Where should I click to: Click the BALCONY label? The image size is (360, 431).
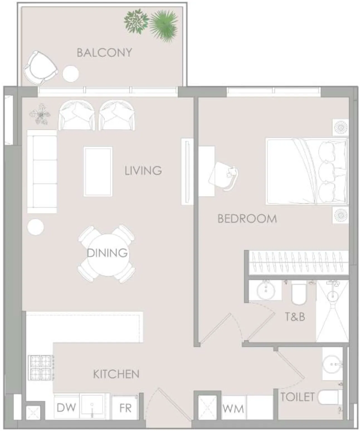[x=104, y=53]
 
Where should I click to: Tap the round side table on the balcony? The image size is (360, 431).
[x=71, y=74]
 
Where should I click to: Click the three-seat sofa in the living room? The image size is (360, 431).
[x=42, y=171]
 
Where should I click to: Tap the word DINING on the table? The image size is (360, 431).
[x=108, y=253]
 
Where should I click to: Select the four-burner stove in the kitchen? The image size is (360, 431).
[x=41, y=368]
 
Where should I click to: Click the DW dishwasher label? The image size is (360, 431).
[x=66, y=408]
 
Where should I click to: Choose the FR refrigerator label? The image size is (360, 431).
[x=125, y=408]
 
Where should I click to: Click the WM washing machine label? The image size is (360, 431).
[x=233, y=409]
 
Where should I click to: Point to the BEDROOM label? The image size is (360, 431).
[x=247, y=219]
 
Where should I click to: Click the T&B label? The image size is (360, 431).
[x=295, y=317]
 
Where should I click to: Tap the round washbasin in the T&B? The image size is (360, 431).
[x=266, y=291]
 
